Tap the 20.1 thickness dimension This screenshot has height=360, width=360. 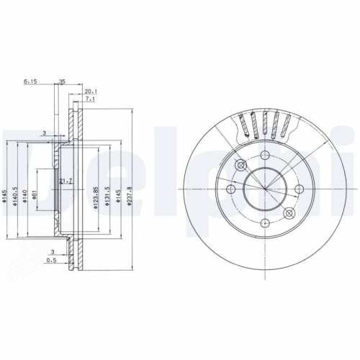point(90,91)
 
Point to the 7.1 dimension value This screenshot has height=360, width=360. point(89,100)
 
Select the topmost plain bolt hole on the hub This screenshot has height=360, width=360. point(265,156)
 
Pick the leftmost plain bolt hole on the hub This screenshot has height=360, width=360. point(231,190)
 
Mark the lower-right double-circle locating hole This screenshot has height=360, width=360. point(289,214)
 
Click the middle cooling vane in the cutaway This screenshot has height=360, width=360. point(265,127)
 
